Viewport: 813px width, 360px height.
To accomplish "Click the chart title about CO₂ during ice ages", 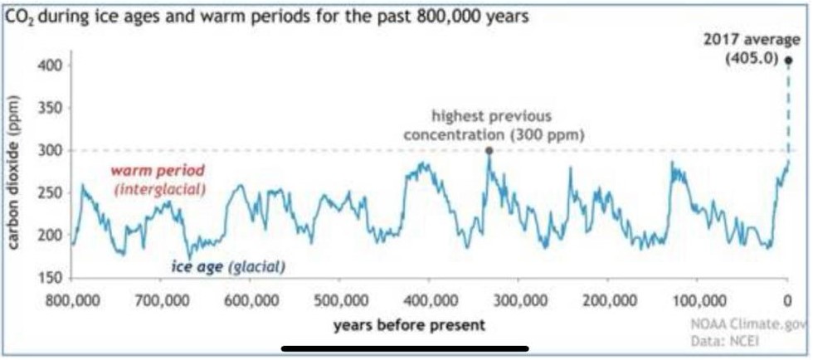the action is click(x=266, y=17).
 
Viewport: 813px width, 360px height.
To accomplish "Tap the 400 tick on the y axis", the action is click(x=51, y=66).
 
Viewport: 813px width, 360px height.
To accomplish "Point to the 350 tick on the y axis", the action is click(x=51, y=109).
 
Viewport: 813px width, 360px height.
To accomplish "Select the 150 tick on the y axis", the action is click(x=51, y=278).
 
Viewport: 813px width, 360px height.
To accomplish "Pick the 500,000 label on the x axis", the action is click(x=339, y=300).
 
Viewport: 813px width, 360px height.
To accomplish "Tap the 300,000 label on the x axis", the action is click(x=518, y=300).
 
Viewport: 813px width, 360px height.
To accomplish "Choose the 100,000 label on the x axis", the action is click(x=696, y=300).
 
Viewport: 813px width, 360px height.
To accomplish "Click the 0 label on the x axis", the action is click(x=787, y=300).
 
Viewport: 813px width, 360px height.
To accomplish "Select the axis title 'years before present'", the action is click(x=409, y=326).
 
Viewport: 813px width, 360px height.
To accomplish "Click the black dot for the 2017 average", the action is click(x=789, y=61).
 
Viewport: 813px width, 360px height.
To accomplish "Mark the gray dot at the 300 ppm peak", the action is click(x=488, y=150).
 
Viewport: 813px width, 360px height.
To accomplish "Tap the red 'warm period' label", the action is click(x=159, y=170).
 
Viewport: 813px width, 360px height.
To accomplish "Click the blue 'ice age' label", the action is click(x=197, y=267).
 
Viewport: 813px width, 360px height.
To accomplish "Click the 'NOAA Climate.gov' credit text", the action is click(x=750, y=326).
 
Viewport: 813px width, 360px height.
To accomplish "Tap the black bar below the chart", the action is click(x=405, y=349).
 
